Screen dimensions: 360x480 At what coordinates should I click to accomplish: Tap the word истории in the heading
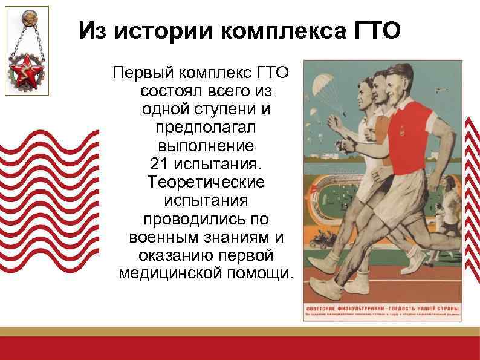point(159,30)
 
